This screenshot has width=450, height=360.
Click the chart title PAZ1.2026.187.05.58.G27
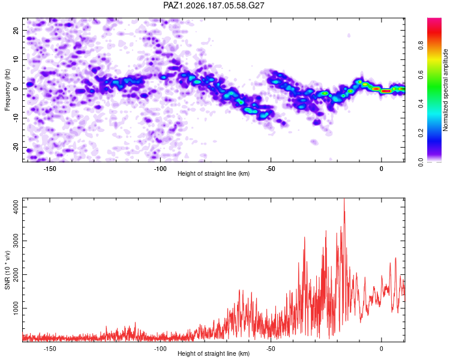point(214,5)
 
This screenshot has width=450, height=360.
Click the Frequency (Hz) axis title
point(7,90)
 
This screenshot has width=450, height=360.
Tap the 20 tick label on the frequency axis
point(16,30)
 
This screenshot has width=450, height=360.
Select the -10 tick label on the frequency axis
point(16,118)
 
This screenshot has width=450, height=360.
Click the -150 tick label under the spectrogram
point(50,169)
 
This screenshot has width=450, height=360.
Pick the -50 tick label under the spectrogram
point(271,169)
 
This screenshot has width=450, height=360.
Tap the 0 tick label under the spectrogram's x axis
point(381,169)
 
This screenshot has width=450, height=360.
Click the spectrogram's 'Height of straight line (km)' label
point(214,173)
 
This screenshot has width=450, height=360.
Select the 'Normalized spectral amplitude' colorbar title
point(445,90)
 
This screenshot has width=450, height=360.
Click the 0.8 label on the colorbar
point(421,46)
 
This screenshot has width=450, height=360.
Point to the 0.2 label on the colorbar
point(421,133)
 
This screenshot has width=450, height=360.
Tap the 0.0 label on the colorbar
point(421,162)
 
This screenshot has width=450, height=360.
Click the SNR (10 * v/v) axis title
point(7,270)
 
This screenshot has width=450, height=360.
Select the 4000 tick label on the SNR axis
point(16,207)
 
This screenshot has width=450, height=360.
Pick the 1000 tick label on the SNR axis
point(16,308)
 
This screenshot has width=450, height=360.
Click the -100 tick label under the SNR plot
point(160,349)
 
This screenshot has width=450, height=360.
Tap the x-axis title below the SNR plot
point(214,353)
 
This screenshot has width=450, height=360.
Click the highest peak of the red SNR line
point(344,199)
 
